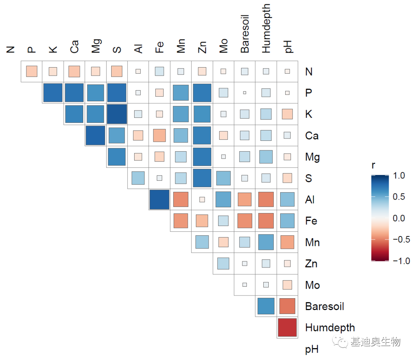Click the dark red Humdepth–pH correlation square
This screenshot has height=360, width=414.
287,327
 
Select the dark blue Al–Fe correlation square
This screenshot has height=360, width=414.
159,199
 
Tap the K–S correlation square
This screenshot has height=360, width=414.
117,114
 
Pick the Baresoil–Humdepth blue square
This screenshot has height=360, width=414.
266,306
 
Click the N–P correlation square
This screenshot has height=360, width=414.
31,71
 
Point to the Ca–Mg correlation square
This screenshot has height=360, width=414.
95,135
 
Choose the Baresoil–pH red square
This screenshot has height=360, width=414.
287,306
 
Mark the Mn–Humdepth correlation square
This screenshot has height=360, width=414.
266,242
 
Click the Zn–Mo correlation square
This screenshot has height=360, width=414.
223,263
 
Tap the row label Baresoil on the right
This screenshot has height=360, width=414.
324,306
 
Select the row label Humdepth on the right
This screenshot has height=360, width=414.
330,328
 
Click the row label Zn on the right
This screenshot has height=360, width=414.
311,264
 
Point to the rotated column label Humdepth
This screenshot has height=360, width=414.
266,29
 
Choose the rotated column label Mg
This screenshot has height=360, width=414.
96,46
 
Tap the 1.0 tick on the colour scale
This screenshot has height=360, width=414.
399,175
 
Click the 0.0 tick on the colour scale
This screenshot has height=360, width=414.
399,218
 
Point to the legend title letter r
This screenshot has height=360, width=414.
373,165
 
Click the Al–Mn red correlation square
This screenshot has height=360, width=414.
180,199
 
